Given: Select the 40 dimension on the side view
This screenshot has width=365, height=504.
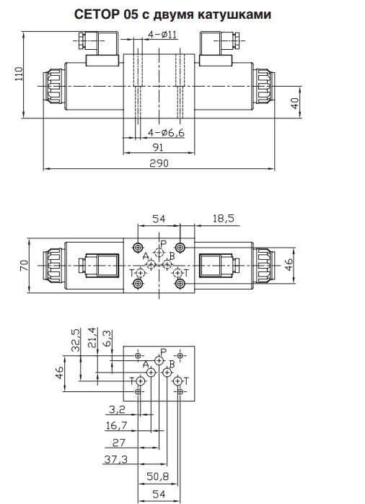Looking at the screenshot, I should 294,103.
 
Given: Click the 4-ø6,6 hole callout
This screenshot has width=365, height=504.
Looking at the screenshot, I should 166,132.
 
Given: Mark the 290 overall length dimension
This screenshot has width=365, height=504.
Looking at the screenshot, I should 159,163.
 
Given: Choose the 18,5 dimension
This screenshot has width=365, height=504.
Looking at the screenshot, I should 223,218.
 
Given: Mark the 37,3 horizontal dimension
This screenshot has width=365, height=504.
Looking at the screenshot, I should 116,459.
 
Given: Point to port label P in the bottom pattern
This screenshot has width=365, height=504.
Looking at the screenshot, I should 164,351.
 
